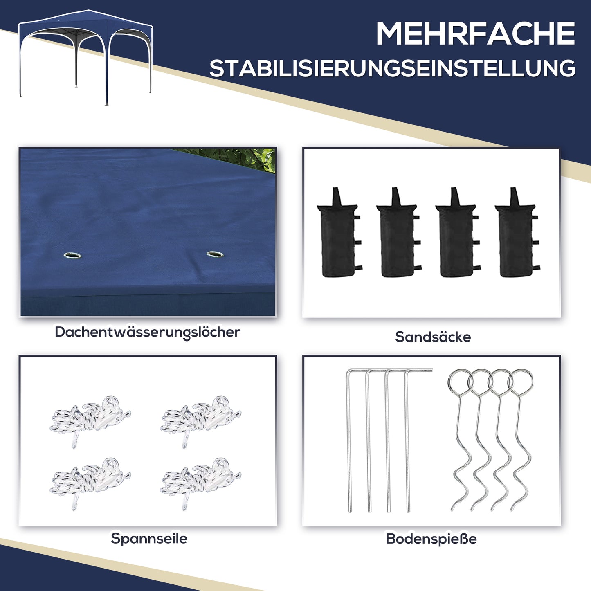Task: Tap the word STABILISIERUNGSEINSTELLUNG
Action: click(x=392, y=68)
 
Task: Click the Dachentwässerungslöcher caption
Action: click(x=147, y=332)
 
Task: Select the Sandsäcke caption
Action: click(x=433, y=337)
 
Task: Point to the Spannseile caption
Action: click(x=149, y=538)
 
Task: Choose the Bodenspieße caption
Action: click(x=431, y=539)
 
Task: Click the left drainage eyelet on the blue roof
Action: click(x=72, y=256)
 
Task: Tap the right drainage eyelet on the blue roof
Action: click(x=215, y=254)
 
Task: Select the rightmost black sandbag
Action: click(x=516, y=237)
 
